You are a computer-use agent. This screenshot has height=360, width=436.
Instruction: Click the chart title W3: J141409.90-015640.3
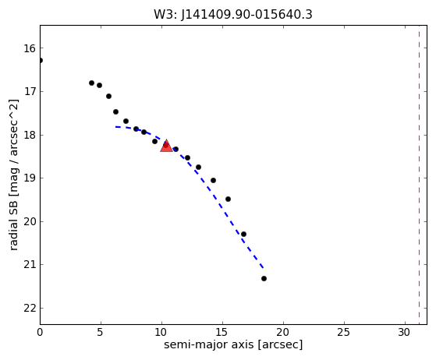point(233,14)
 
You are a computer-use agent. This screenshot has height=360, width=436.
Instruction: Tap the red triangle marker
point(166,146)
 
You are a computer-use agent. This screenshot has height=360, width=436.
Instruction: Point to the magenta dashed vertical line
point(419,175)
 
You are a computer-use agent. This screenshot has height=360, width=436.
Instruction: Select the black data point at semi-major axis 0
point(41,60)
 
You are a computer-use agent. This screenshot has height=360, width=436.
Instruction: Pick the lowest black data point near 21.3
point(264,278)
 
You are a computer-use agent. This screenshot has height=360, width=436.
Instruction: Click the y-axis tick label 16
point(30,48)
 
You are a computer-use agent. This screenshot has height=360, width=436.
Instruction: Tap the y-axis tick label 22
point(30,309)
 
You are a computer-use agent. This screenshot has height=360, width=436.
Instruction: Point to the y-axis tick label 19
point(30,178)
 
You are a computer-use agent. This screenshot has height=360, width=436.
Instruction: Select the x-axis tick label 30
point(405,332)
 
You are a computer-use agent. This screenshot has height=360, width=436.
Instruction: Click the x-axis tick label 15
point(222,332)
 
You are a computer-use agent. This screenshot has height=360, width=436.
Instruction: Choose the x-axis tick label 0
point(40,332)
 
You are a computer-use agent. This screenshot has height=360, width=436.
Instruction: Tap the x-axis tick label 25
point(344,332)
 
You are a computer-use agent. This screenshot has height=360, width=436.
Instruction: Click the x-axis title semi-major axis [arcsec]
point(233,344)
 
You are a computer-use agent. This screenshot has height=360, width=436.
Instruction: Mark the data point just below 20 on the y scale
point(243,235)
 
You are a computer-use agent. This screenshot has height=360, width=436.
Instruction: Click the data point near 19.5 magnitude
point(228,199)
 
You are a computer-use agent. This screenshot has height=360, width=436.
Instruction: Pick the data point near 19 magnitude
point(213,180)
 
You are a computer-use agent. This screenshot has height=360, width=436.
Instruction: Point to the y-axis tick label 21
point(30,265)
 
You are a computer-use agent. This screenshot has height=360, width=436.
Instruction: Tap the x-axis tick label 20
point(283,332)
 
